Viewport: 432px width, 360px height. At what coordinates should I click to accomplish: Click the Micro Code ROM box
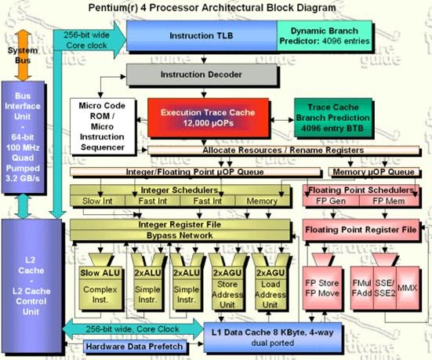(102, 125)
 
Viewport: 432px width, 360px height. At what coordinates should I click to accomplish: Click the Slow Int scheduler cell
(97, 202)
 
